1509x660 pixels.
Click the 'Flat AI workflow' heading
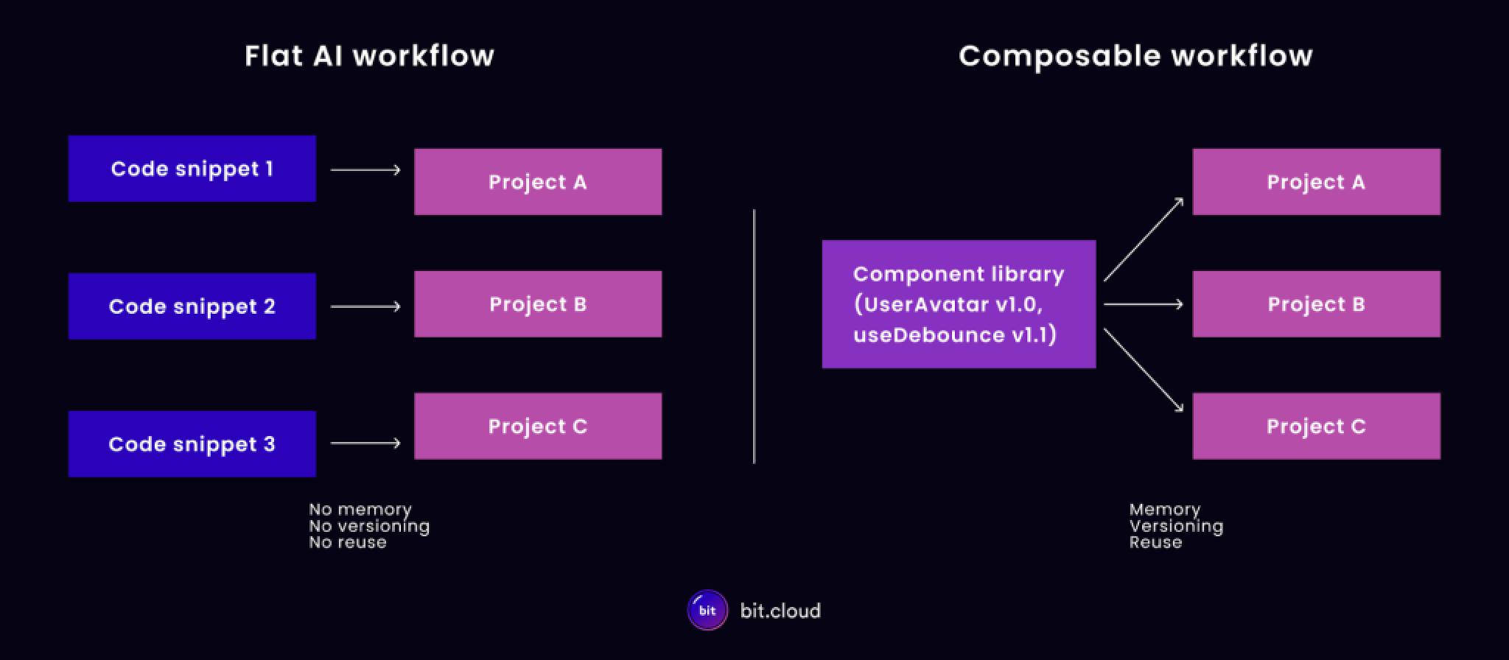[369, 56]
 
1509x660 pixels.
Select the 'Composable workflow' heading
[1135, 56]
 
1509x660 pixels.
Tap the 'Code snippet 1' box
[192, 169]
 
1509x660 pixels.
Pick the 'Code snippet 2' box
[192, 306]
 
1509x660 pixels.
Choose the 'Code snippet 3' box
[192, 444]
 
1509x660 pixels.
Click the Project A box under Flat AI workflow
[538, 182]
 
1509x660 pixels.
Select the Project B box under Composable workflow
[1316, 304]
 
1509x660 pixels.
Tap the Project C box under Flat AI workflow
[538, 426]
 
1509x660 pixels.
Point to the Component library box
[959, 303]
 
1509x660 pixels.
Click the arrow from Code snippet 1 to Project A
[365, 170]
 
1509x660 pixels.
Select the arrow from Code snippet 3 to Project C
[365, 443]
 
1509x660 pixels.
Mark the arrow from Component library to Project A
[1143, 240]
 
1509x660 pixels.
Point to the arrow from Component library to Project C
[1143, 370]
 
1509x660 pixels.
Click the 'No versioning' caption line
[369, 526]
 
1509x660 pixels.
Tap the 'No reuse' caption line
[348, 543]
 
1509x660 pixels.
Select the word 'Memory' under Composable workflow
[1165, 510]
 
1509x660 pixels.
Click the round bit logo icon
[707, 610]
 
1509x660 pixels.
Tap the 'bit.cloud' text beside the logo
[780, 611]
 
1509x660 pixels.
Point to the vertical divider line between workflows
[754, 336]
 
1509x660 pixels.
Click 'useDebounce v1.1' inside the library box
[955, 335]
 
